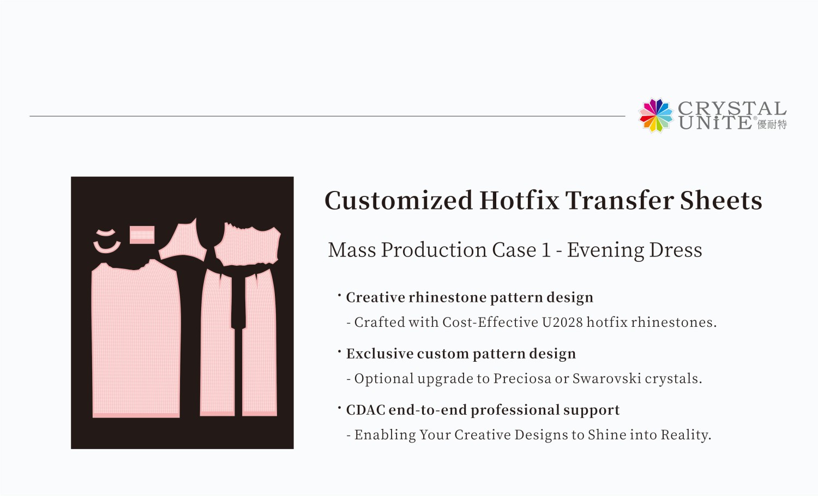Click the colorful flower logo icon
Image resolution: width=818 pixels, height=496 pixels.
click(x=656, y=115)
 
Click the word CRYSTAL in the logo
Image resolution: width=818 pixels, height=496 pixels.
click(x=732, y=108)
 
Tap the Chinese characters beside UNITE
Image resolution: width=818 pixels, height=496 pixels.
click(x=772, y=124)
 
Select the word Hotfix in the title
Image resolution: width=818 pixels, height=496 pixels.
click(x=519, y=200)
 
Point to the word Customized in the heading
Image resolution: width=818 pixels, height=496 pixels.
click(x=399, y=200)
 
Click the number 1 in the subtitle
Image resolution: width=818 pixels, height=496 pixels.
click(x=546, y=250)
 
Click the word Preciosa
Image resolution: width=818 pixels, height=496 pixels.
click(x=522, y=379)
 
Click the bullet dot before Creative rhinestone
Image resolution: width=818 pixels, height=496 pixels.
click(x=339, y=295)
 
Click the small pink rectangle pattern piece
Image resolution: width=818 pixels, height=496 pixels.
click(x=142, y=235)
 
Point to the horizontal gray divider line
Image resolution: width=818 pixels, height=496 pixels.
click(x=327, y=116)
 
